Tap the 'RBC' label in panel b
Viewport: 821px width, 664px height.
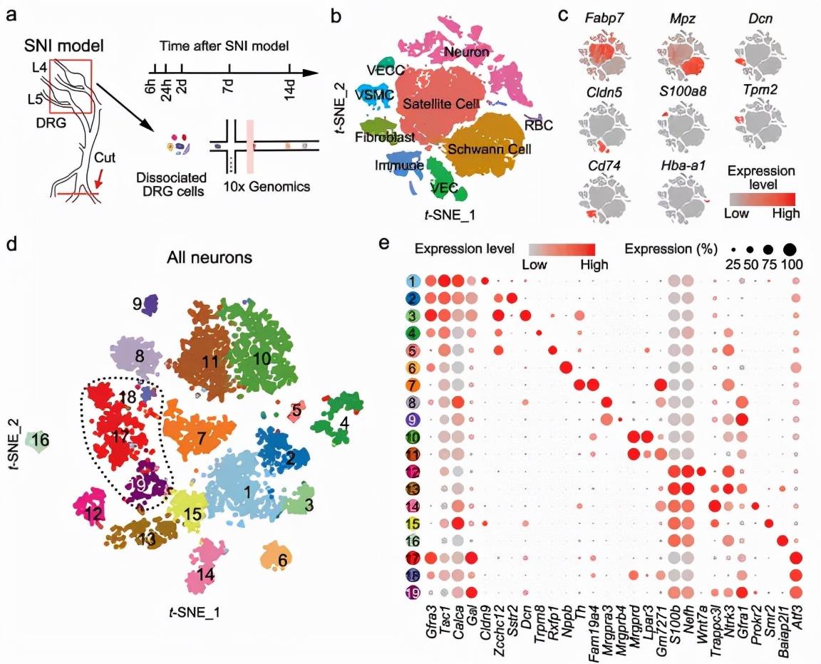coord(540,125)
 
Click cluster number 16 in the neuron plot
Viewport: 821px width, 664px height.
coord(40,440)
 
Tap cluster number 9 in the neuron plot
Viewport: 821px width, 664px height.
coord(136,303)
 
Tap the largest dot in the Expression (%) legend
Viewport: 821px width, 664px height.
coord(790,249)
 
